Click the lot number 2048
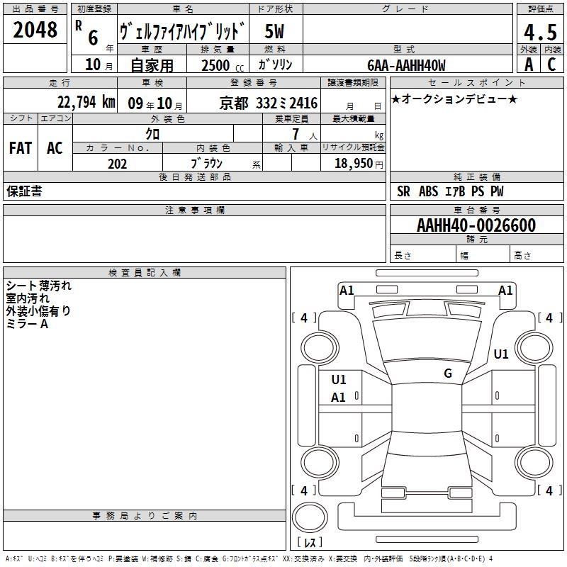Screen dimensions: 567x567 coord(35,30)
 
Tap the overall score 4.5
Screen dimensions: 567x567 coord(540,32)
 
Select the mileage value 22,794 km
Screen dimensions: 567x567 coord(86,102)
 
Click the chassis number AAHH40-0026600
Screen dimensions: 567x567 coord(476,225)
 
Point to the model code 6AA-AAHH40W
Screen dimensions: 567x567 coord(406,65)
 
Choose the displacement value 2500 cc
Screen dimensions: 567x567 coord(223,65)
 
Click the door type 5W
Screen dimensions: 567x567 coord(274,31)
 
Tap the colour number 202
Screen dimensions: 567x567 coord(117,164)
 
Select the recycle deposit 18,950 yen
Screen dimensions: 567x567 coord(359,164)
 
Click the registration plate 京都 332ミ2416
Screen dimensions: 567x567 coord(269,103)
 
